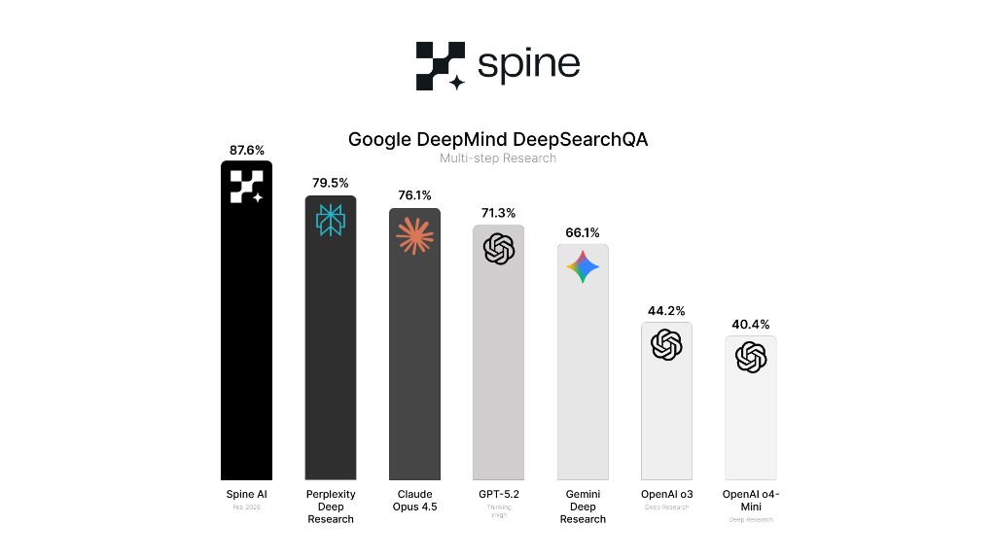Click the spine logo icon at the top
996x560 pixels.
(x=440, y=65)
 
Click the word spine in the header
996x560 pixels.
(x=528, y=65)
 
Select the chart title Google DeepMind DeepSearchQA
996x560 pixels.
(x=498, y=139)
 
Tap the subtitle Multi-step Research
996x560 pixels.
(x=498, y=157)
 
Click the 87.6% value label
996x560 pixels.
(x=246, y=150)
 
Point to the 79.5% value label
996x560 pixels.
(x=331, y=183)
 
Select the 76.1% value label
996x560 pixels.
(x=414, y=194)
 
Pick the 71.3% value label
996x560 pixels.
(x=498, y=213)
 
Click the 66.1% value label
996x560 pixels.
(x=583, y=232)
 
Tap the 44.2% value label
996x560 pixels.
(x=666, y=311)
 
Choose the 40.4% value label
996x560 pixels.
(x=751, y=324)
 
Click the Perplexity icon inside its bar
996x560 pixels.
(x=331, y=221)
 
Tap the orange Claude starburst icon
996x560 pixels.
(x=414, y=236)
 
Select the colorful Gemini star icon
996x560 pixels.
(x=583, y=266)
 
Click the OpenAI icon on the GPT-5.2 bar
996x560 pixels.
(x=498, y=249)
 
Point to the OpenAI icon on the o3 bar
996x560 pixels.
(x=666, y=345)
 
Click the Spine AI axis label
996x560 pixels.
(x=246, y=494)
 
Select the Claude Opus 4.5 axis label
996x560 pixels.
(x=414, y=500)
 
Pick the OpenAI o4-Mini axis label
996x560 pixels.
(x=751, y=500)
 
